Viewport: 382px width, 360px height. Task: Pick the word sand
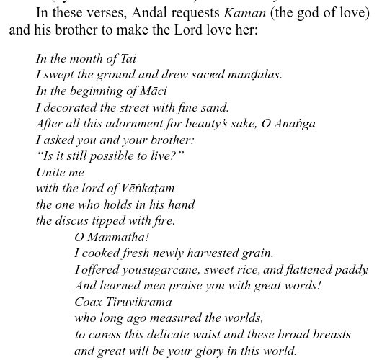pos(215,107)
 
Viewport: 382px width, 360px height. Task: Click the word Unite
pos(52,172)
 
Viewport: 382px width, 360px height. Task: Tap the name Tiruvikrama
pos(143,302)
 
